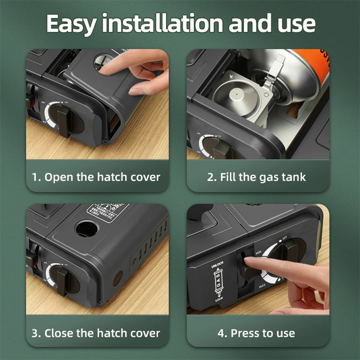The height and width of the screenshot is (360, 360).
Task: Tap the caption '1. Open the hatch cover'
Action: point(96,177)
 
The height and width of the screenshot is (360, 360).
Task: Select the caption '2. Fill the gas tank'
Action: point(256,177)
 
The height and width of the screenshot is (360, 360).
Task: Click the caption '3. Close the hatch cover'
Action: point(96,333)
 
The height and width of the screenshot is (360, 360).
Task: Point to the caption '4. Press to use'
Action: point(256,333)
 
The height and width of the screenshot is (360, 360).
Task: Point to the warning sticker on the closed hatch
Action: point(108,211)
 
